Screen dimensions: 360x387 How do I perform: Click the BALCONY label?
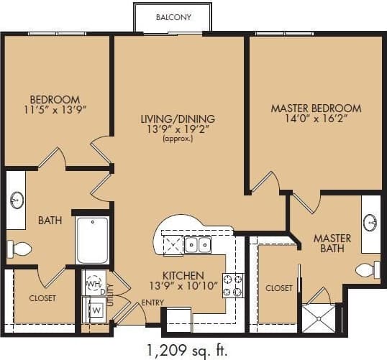[173, 17]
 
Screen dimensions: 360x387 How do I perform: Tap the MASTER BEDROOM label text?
[316, 109]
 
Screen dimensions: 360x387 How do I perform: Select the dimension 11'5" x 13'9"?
[55, 111]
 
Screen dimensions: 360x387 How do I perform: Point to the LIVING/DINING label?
[177, 119]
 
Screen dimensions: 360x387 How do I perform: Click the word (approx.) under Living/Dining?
[177, 139]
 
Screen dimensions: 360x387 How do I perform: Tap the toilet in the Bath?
[19, 249]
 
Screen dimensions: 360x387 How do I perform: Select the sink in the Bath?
[17, 199]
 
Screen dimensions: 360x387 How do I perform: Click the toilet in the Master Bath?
[367, 269]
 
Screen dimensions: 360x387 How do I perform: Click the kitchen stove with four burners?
[232, 286]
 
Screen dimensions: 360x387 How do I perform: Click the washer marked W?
[94, 310]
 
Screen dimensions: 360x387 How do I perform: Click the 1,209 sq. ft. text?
[186, 350]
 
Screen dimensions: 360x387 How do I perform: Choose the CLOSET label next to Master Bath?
[279, 288]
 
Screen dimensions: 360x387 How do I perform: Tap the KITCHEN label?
[183, 275]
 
